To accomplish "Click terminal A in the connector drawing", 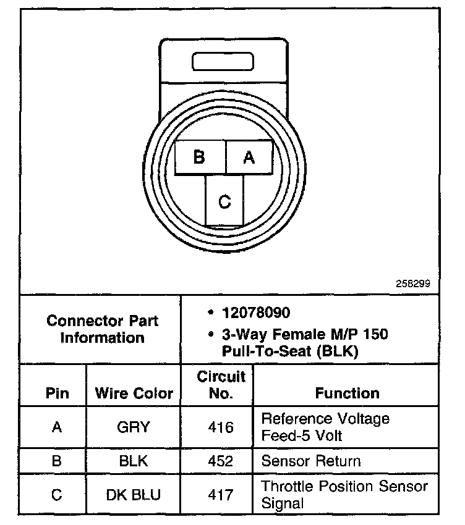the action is (x=249, y=157).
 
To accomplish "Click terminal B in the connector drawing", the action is (x=199, y=157).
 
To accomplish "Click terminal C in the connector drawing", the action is (x=224, y=201).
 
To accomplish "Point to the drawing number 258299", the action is (x=413, y=285).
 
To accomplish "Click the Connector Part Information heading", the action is (x=103, y=329).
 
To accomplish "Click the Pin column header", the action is (x=57, y=393).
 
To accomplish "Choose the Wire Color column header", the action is (x=134, y=393).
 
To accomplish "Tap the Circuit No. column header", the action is (x=221, y=385).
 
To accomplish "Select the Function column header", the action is (x=348, y=393).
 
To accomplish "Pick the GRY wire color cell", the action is (x=134, y=427).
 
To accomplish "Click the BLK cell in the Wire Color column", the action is (x=134, y=461).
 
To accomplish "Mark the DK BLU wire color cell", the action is (x=134, y=495).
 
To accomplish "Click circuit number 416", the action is (x=221, y=427).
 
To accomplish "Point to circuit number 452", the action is (x=221, y=461).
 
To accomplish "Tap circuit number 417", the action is (x=221, y=495).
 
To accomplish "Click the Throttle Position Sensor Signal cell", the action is (x=344, y=494).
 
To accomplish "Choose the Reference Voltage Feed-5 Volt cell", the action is (x=326, y=427).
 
